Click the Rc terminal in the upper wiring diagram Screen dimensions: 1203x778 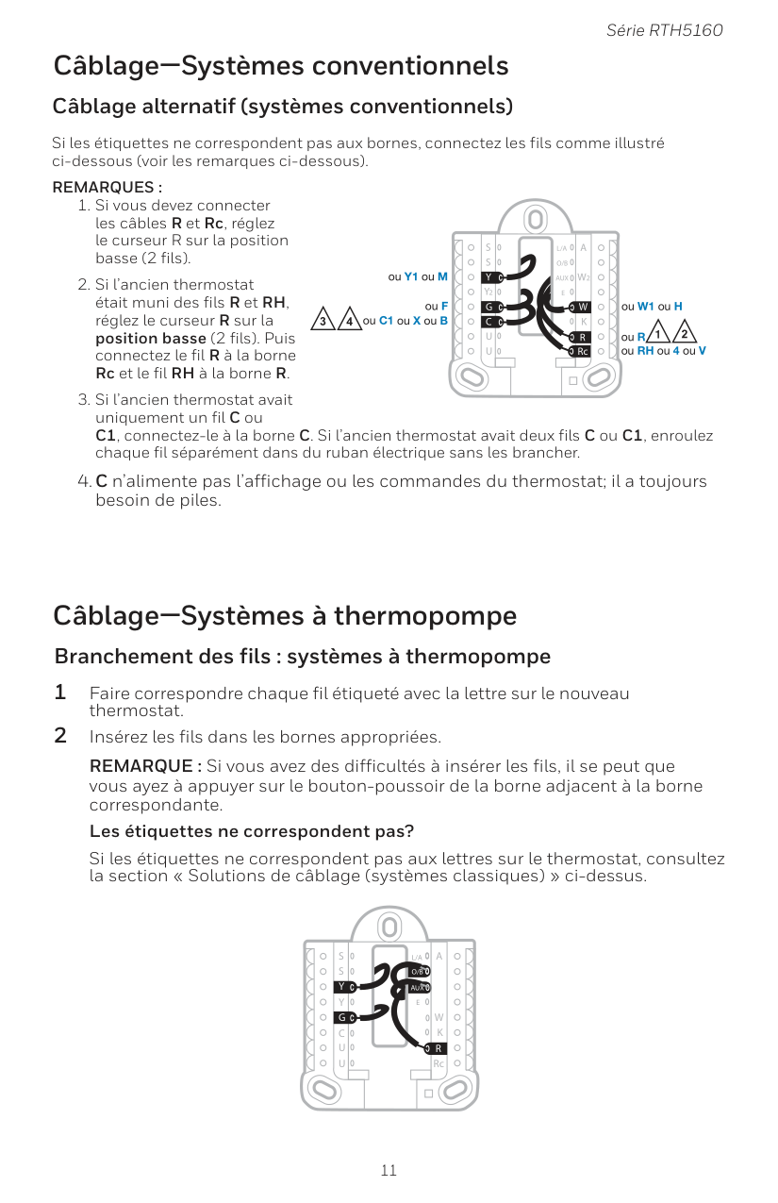coord(583,352)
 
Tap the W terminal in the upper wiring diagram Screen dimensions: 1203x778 coord(583,307)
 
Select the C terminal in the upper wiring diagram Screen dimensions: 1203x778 coord(489,322)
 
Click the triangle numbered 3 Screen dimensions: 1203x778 coord(324,320)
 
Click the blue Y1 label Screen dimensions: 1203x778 coord(410,277)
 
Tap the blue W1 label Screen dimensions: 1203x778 coord(646,307)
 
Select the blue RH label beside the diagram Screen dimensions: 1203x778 coord(646,351)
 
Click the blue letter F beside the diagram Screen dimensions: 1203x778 coord(443,307)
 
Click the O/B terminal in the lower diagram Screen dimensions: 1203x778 coord(420,971)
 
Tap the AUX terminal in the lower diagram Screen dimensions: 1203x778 coord(420,987)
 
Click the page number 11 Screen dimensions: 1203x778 coord(389,1171)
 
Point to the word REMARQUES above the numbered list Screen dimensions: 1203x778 coord(103,187)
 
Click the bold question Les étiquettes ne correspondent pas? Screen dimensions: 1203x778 coord(252,831)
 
